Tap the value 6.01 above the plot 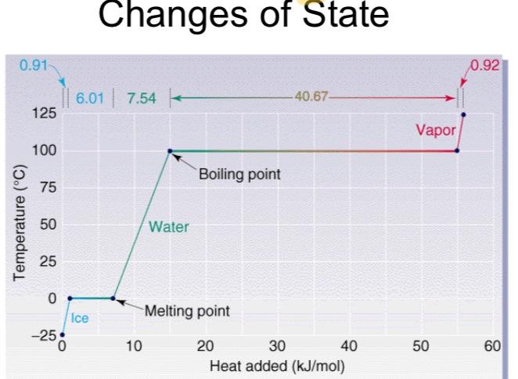pos(88,99)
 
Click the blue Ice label pos(80,318)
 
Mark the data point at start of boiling pos(170,150)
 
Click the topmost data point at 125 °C pos(463,114)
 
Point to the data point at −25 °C pos(63,334)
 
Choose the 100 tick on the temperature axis pos(45,150)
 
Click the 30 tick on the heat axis pos(278,346)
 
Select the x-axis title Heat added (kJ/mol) pos(278,363)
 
